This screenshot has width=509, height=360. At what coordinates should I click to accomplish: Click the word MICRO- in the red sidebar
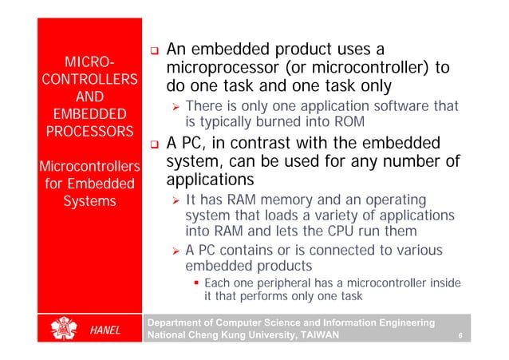[x=89, y=61]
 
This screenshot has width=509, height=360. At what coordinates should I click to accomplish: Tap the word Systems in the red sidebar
[x=89, y=201]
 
